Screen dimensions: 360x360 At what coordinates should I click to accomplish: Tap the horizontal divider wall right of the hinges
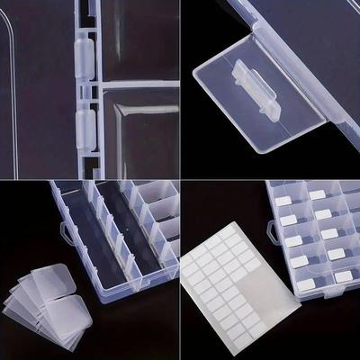pyautogui.click(x=135, y=84)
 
